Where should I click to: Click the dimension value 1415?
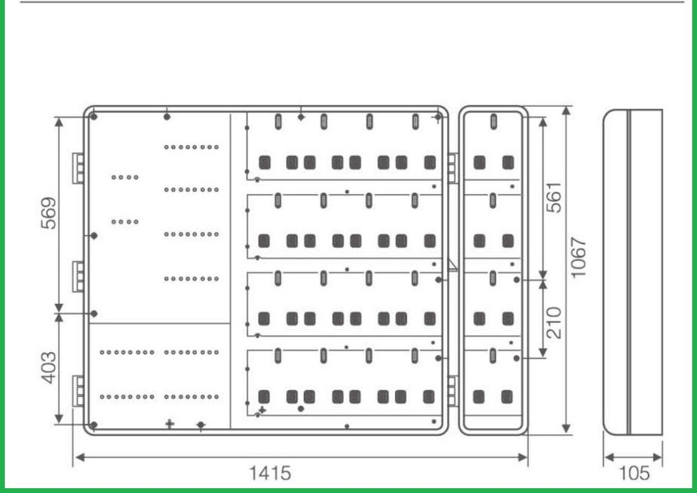click(x=269, y=473)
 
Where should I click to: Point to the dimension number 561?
click(x=554, y=197)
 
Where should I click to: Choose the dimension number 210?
click(x=554, y=322)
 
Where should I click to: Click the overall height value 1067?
click(x=581, y=257)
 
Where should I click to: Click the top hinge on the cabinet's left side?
click(x=79, y=168)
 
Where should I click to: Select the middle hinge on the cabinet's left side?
click(x=79, y=276)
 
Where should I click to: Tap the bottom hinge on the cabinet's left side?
click(x=79, y=391)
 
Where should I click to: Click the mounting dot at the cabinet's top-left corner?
click(x=93, y=117)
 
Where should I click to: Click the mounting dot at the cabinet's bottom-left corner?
click(x=93, y=424)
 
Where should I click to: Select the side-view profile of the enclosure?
click(x=632, y=272)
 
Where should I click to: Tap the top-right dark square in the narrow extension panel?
click(x=507, y=162)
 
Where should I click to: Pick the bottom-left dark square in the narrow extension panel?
click(x=479, y=396)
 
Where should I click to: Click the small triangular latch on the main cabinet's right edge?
click(x=452, y=265)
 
